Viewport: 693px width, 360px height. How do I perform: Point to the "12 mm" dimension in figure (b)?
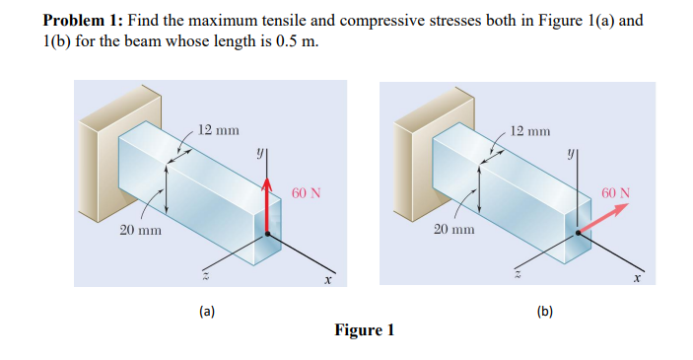click(531, 130)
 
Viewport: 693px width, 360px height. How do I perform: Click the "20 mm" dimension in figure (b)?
click(454, 230)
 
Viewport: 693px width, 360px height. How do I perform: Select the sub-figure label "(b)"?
click(544, 312)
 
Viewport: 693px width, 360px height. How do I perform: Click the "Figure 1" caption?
click(364, 330)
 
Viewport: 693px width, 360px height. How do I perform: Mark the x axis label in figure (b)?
click(638, 278)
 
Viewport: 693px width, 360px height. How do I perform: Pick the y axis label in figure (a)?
click(259, 154)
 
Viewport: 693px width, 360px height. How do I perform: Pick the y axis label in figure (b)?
click(571, 154)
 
